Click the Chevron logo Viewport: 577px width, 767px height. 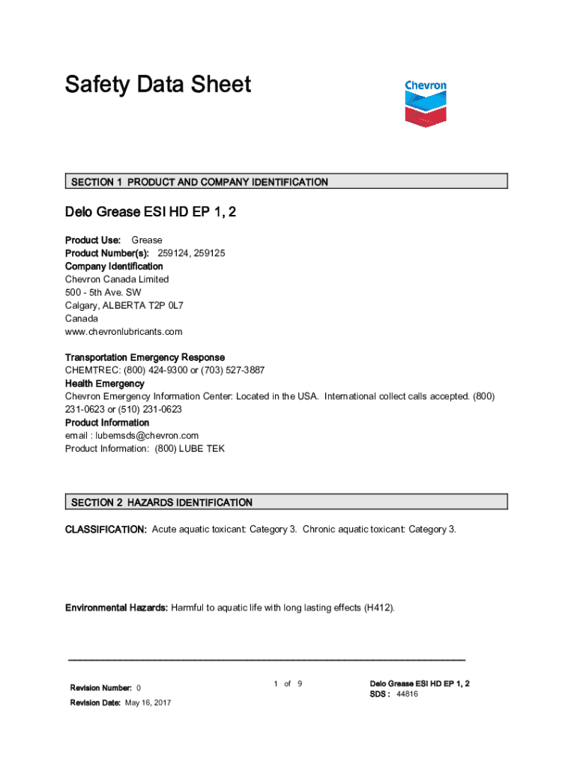tap(426, 102)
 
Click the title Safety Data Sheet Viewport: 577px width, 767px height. tap(158, 85)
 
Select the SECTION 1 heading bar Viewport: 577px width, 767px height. tap(286, 181)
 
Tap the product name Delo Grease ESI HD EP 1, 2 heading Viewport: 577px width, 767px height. tap(151, 213)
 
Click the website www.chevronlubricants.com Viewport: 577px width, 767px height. tap(124, 332)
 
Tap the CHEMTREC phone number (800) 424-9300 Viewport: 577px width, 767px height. tap(149, 371)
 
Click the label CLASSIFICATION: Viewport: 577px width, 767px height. tap(106, 530)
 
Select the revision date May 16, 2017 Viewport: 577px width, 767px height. tap(148, 703)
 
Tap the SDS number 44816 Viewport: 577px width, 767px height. tap(407, 694)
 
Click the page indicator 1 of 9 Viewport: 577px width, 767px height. tap(288, 684)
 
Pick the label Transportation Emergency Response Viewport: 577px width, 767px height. tap(145, 358)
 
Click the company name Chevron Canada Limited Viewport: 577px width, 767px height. tap(117, 279)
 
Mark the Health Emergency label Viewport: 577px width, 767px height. tap(105, 384)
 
